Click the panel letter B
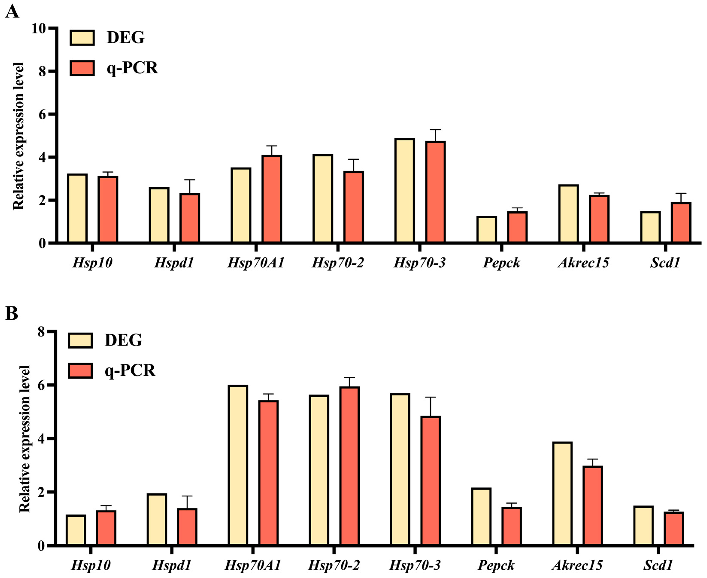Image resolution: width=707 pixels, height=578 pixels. (11, 313)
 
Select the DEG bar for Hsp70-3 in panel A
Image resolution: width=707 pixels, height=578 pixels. (404, 190)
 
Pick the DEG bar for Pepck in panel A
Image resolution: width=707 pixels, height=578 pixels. (486, 229)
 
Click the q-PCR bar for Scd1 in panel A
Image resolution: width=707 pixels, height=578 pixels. (681, 222)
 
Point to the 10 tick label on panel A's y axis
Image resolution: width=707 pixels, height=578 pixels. (38, 29)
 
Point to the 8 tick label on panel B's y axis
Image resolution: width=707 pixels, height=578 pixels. (42, 332)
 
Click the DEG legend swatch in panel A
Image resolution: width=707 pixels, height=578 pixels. (82, 38)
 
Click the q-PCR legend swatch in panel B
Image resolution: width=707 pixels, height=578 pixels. (80, 371)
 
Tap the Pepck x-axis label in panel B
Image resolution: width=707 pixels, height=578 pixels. (496, 565)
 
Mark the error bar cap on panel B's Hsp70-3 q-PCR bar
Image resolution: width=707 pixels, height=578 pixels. (430, 397)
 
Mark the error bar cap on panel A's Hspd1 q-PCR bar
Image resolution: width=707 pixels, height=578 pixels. (189, 180)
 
